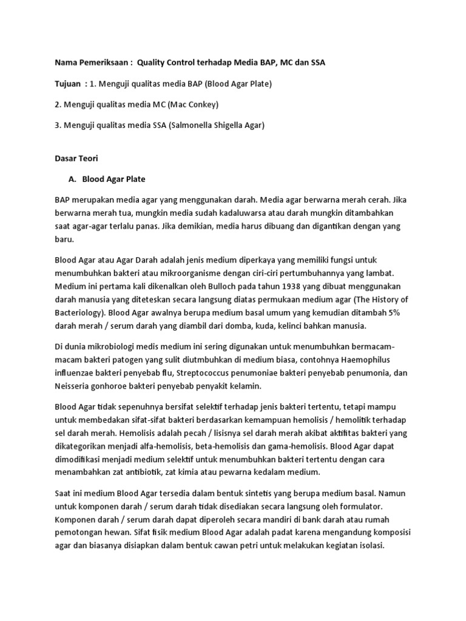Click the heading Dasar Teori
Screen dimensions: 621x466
76,158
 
